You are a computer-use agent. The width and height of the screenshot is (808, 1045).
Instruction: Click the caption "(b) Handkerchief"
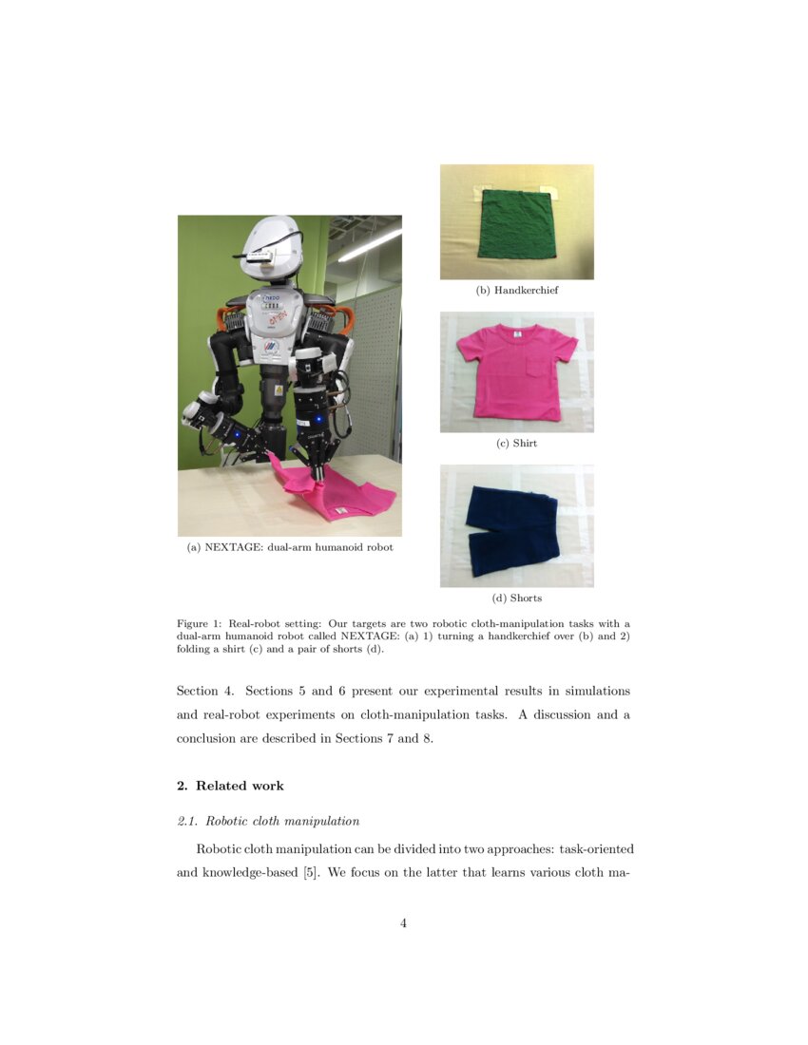pos(516,291)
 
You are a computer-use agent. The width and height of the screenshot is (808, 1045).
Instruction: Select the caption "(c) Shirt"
pos(516,444)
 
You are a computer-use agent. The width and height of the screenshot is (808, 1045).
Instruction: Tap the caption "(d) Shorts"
pos(516,598)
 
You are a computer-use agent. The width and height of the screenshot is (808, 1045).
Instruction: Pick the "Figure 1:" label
pos(198,624)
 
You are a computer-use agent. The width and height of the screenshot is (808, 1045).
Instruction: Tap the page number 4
pos(404,922)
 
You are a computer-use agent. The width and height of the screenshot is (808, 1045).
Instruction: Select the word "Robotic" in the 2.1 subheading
pos(230,821)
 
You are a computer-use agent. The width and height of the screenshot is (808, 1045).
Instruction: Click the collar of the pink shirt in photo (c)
pos(516,333)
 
